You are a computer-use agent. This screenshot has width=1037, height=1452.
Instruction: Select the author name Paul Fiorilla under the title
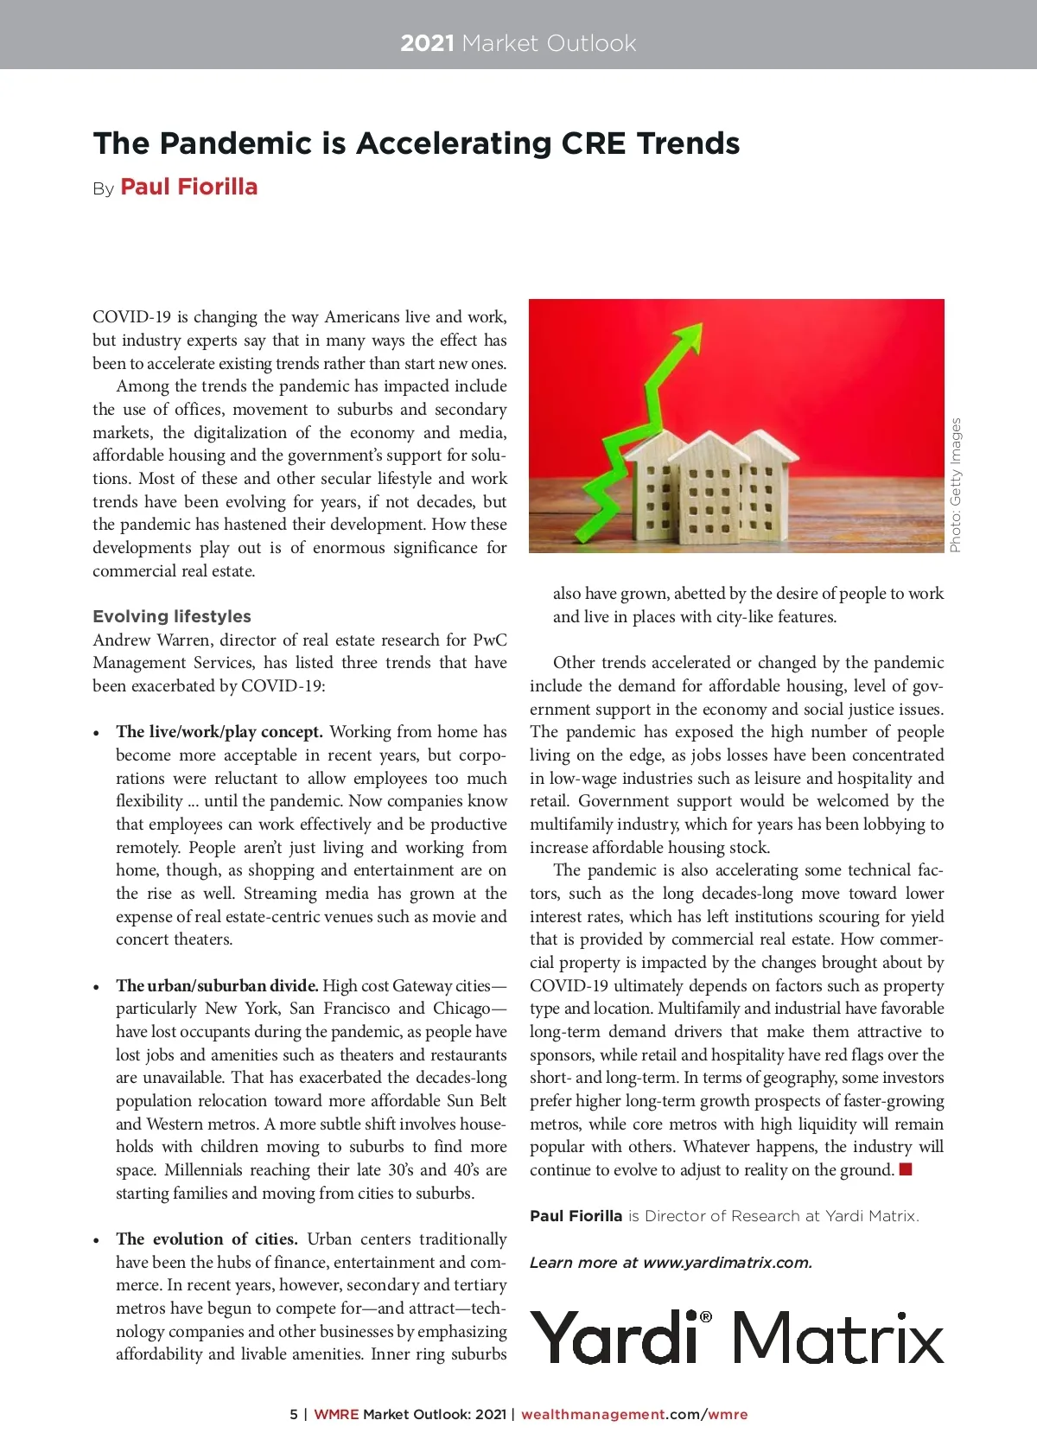(189, 188)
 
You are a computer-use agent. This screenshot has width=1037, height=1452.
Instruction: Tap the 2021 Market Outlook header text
(518, 43)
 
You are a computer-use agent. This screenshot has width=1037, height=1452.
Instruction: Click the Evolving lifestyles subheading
(172, 616)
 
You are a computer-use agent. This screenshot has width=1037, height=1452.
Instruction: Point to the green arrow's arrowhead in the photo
(691, 337)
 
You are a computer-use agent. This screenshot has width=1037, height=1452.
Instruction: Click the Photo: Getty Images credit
(955, 485)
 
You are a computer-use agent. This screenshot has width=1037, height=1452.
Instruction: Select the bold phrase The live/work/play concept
(219, 732)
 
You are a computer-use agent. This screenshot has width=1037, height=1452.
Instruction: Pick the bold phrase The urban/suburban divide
(217, 985)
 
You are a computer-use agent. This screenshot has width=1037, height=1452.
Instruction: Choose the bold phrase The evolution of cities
(207, 1239)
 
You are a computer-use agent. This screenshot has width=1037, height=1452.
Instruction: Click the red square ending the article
(906, 1170)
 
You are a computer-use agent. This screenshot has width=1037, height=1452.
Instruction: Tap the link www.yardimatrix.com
(728, 1263)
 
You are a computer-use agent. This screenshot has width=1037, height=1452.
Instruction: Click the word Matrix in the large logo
(838, 1338)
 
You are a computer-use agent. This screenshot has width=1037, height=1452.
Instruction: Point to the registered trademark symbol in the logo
(706, 1317)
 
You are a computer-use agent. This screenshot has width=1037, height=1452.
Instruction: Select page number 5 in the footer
(294, 1415)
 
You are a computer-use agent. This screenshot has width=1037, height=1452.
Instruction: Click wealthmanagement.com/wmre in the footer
(634, 1415)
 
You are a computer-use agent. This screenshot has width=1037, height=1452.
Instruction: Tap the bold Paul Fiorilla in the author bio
(576, 1216)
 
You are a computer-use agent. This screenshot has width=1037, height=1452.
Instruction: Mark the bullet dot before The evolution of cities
(97, 1240)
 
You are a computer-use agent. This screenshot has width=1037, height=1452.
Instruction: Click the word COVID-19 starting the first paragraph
(131, 317)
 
